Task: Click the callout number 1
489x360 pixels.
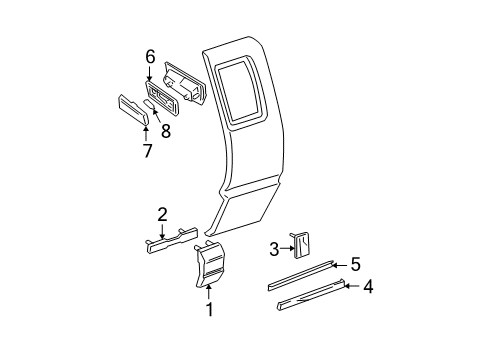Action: pos(210,310)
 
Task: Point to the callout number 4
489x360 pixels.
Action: pos(368,288)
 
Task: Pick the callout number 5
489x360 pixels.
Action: pos(355,265)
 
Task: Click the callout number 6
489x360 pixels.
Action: pos(150,57)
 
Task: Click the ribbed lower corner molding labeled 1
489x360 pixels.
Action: pos(213,269)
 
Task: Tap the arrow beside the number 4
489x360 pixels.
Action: pos(351,287)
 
